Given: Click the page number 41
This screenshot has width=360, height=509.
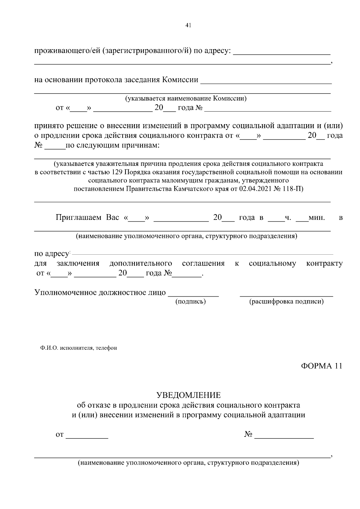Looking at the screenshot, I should click(x=188, y=25).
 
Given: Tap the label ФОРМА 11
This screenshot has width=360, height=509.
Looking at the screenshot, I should click(x=321, y=366).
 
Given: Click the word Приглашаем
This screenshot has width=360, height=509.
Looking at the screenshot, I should click(x=79, y=217).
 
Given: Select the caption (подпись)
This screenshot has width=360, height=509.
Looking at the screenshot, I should click(x=190, y=301).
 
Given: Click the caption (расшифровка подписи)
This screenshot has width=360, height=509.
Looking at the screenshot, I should click(x=286, y=301).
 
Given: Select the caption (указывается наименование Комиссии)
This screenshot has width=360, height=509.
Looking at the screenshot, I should click(x=186, y=98).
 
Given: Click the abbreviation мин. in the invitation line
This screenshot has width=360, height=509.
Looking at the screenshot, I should click(x=317, y=217).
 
